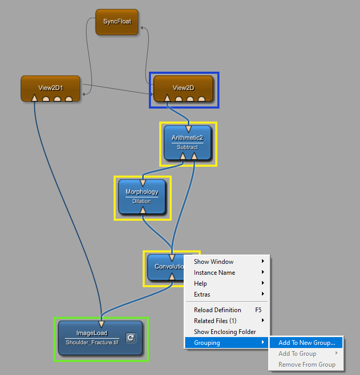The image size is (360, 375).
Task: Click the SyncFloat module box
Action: pos(117,22)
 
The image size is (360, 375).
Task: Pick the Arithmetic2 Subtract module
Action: pos(187,141)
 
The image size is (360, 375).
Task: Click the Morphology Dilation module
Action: pos(142,196)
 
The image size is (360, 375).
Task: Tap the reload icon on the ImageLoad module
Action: pos(131,338)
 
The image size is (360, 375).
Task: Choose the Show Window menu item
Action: pos(214,262)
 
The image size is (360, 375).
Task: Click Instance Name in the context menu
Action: pos(214,273)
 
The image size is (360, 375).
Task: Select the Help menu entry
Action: pos(200,284)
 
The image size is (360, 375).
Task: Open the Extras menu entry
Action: pos(202,294)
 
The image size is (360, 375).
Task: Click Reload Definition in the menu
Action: pos(217,310)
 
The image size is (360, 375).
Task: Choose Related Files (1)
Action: pos(215,321)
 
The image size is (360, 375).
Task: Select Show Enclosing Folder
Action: pos(225,332)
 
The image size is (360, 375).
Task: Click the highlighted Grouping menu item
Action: pos(207,343)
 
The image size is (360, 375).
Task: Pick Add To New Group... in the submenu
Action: pos(307,343)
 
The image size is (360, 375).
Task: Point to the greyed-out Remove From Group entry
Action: pos(307,365)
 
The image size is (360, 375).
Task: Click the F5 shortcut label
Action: pos(258,310)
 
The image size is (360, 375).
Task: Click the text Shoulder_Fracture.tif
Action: pos(92,343)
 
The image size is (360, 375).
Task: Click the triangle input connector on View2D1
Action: pos(34,98)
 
